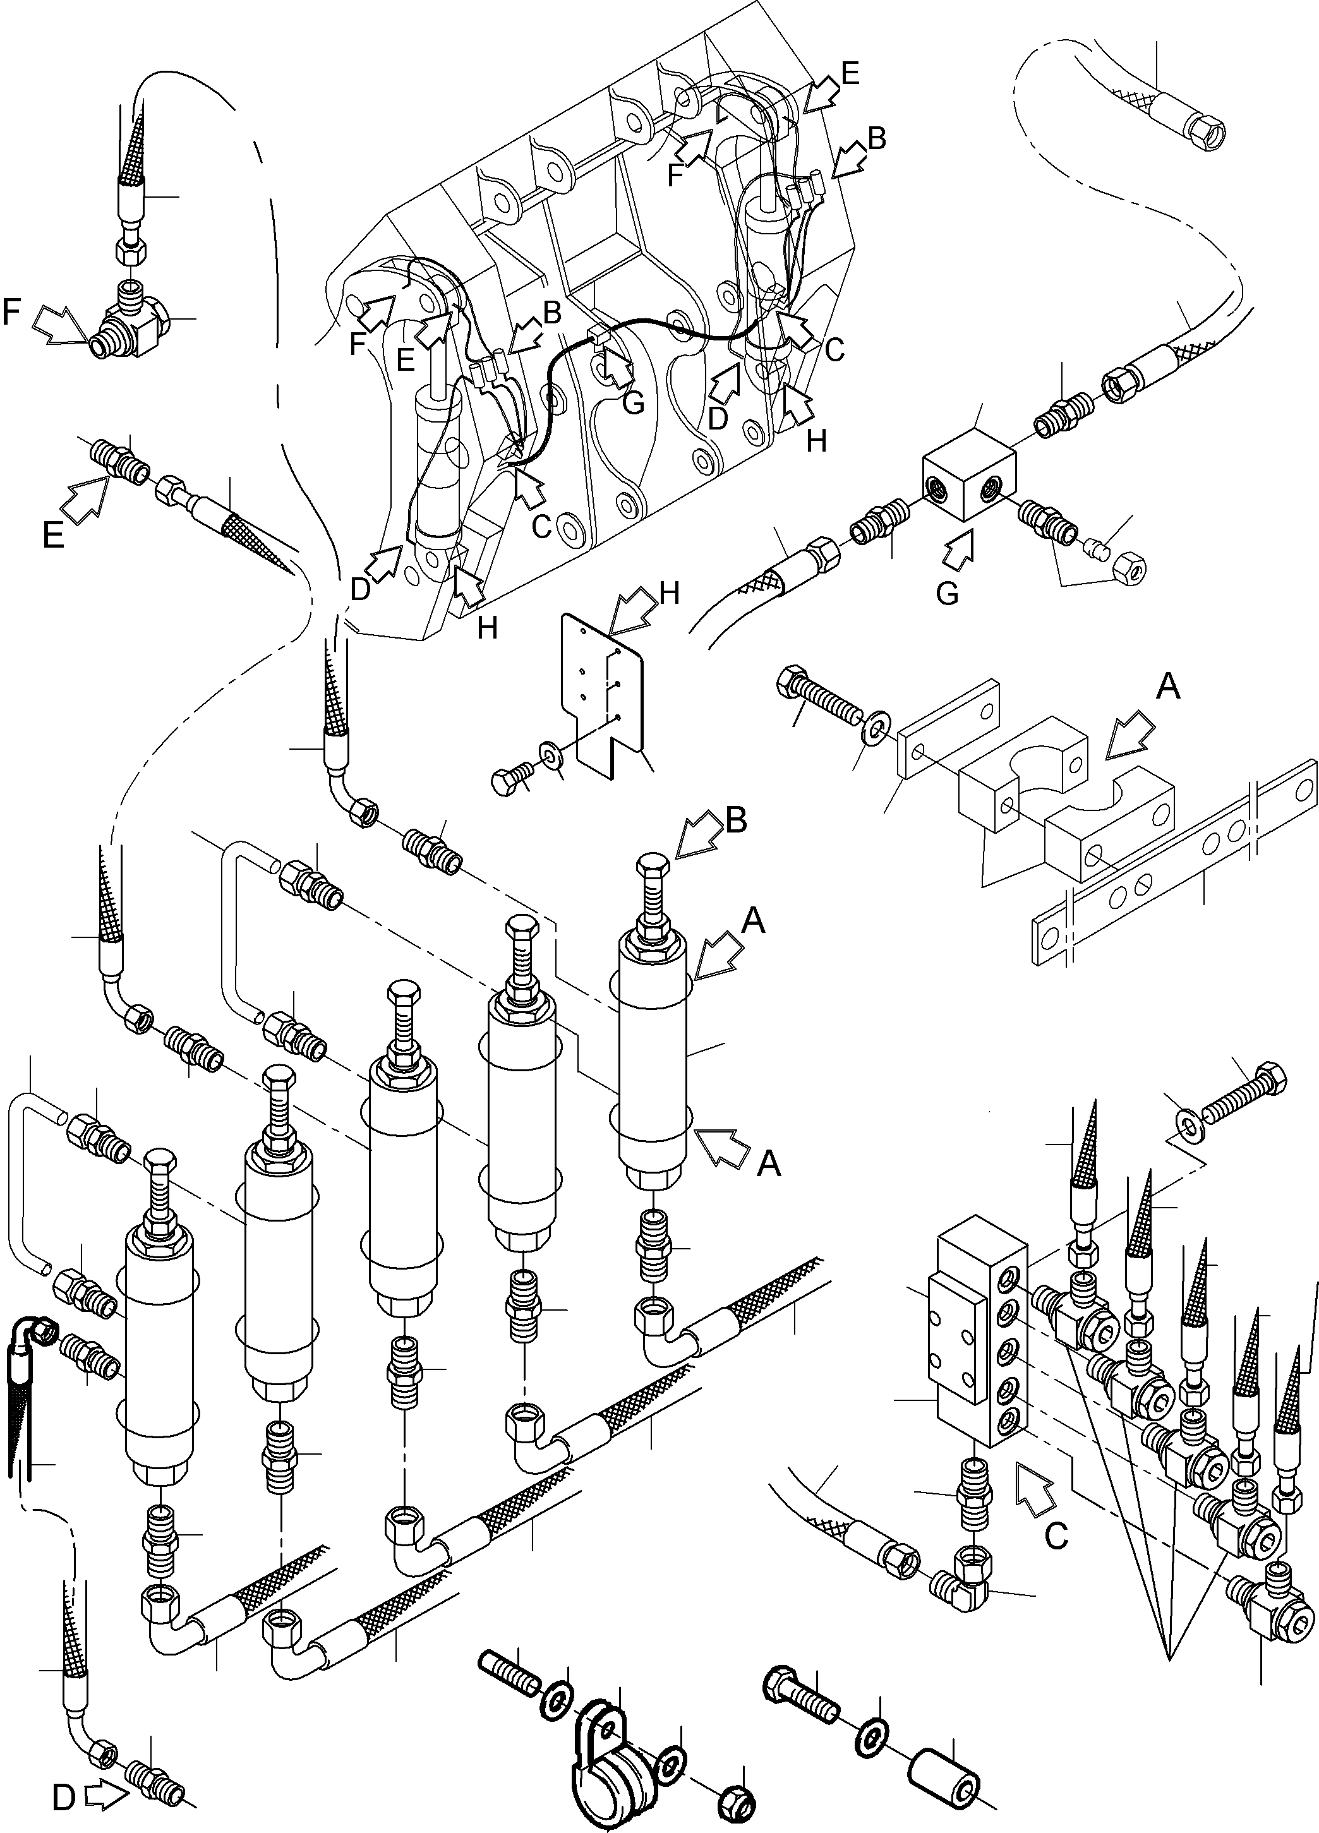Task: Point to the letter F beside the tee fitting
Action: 13,311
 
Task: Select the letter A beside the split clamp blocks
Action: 1169,687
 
